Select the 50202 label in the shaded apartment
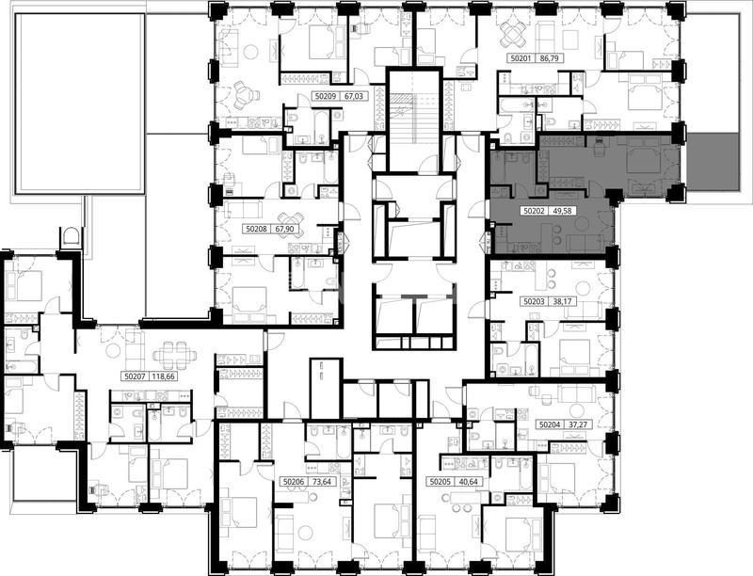pos(534,210)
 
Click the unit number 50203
pos(534,302)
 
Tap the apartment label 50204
pos(550,424)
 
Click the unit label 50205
pos(440,482)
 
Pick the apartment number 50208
pos(256,230)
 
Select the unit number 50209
pos(326,96)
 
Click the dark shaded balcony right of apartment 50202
pos(719,161)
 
